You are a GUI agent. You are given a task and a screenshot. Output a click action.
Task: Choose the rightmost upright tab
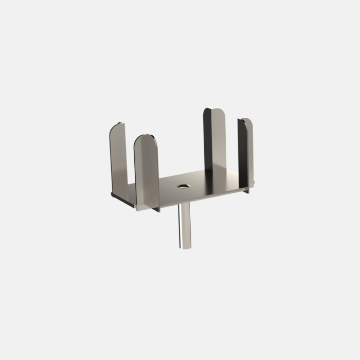click(247, 152)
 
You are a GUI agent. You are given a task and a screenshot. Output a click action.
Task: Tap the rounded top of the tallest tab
click(215, 112)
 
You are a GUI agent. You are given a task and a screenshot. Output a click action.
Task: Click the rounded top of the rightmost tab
click(247, 122)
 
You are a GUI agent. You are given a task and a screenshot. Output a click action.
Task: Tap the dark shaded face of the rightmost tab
click(241, 154)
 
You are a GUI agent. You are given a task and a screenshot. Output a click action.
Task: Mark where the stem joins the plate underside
click(185, 204)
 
